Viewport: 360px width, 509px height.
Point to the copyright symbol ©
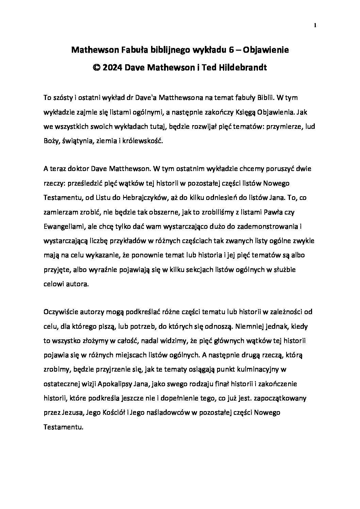coord(96,67)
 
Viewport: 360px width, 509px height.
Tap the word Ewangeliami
coord(64,226)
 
